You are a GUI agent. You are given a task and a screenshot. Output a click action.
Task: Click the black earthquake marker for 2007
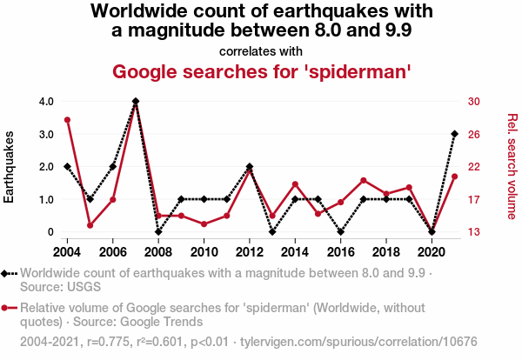pos(136,101)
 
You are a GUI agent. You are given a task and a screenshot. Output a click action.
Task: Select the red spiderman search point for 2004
pos(68,120)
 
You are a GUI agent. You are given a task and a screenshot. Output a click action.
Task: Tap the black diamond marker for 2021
pos(454,134)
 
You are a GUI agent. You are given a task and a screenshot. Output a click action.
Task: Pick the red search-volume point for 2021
pos(454,177)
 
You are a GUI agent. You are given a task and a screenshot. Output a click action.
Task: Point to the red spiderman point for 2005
pos(90,225)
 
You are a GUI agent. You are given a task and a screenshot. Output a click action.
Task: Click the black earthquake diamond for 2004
pos(68,166)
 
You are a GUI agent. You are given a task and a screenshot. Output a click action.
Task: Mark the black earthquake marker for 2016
pos(341,232)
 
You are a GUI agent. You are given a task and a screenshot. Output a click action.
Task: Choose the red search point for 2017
pos(364,180)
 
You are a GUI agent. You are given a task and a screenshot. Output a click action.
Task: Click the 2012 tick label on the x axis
pos(250,251)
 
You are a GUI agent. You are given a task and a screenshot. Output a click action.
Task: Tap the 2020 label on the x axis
pos(432,251)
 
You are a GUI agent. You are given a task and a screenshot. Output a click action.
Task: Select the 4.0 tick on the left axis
pos(46,101)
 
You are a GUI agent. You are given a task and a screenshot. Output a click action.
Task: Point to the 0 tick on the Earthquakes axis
pos(51,232)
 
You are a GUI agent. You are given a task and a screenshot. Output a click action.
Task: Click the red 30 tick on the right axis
pos(474,101)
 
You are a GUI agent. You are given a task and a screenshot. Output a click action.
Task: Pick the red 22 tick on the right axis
pos(474,166)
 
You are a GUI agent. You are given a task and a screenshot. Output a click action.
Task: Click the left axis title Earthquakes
pos(10,167)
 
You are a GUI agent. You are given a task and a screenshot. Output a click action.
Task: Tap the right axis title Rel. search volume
pos(512,166)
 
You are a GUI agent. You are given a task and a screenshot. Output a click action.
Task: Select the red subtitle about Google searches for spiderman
pos(261,71)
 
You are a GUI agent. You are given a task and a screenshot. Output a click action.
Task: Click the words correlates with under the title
pos(261,50)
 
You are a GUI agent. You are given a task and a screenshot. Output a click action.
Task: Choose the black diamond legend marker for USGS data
pos(8,273)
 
